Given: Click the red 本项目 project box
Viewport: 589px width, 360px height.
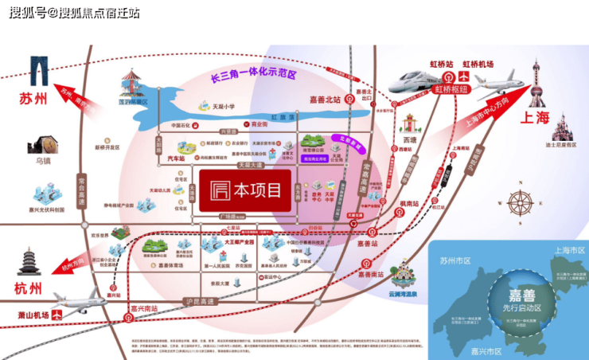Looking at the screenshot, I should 244,190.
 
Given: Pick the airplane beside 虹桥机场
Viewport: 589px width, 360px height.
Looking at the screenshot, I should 499,82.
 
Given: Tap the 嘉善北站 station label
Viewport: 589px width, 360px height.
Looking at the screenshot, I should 325,100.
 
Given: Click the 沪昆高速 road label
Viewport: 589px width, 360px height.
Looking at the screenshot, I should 198,302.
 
